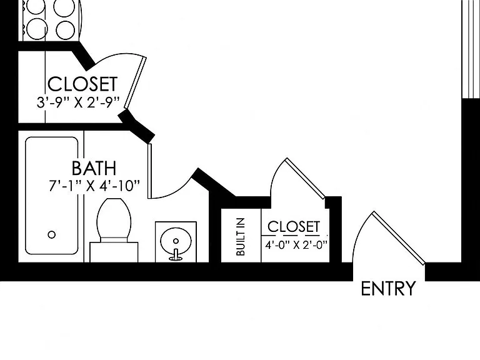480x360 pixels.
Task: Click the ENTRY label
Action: pos(389,289)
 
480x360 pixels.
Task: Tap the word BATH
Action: pos(94,168)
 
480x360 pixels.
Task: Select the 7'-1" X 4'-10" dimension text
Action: pos(94,186)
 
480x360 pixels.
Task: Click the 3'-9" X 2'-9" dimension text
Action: pos(77,102)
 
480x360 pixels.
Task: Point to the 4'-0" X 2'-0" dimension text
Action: pos(296,245)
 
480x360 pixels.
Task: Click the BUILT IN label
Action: pos(241,237)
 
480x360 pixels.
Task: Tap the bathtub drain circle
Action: pos(52,235)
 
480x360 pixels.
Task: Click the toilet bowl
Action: pos(114,218)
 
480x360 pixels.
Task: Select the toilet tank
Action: pos(114,252)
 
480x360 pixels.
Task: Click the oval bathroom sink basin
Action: pos(176,241)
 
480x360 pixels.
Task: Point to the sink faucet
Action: pos(176,255)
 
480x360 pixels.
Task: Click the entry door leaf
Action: pos(399,237)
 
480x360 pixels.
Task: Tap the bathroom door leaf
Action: pos(150,171)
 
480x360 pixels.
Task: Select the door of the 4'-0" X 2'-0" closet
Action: pos(306,179)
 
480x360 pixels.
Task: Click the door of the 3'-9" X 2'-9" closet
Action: pos(135,82)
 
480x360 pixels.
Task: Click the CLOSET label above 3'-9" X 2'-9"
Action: pos(82,84)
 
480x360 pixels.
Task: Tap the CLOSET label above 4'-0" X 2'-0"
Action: pos(294,227)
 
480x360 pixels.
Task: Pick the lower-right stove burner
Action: pos(65,30)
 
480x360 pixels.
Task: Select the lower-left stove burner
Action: pos(36,29)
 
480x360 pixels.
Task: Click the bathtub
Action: pos(51,196)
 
